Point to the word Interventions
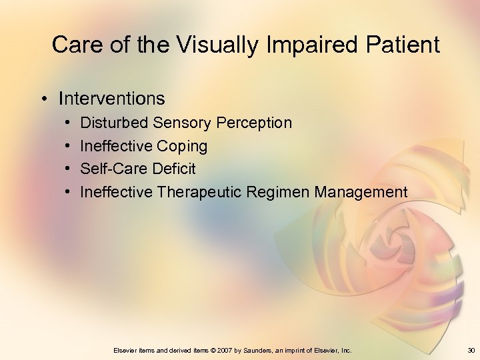coord(111,99)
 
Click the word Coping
coord(182,146)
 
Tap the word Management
coord(361,193)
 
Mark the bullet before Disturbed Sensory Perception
coord(69,123)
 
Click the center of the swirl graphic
coord(400,237)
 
